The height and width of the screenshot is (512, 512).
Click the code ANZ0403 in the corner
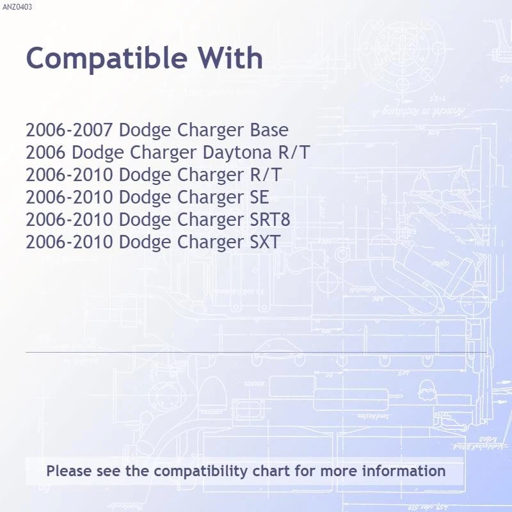tap(17, 7)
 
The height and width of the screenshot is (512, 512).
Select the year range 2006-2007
tap(70, 131)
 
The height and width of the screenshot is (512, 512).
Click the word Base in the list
tap(269, 131)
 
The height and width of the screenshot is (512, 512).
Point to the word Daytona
tap(236, 153)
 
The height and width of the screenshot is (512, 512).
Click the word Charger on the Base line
tap(211, 131)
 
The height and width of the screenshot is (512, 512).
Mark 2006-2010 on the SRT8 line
tap(70, 220)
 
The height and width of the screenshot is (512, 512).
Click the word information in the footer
tap(404, 472)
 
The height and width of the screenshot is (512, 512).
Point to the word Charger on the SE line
tap(211, 197)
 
